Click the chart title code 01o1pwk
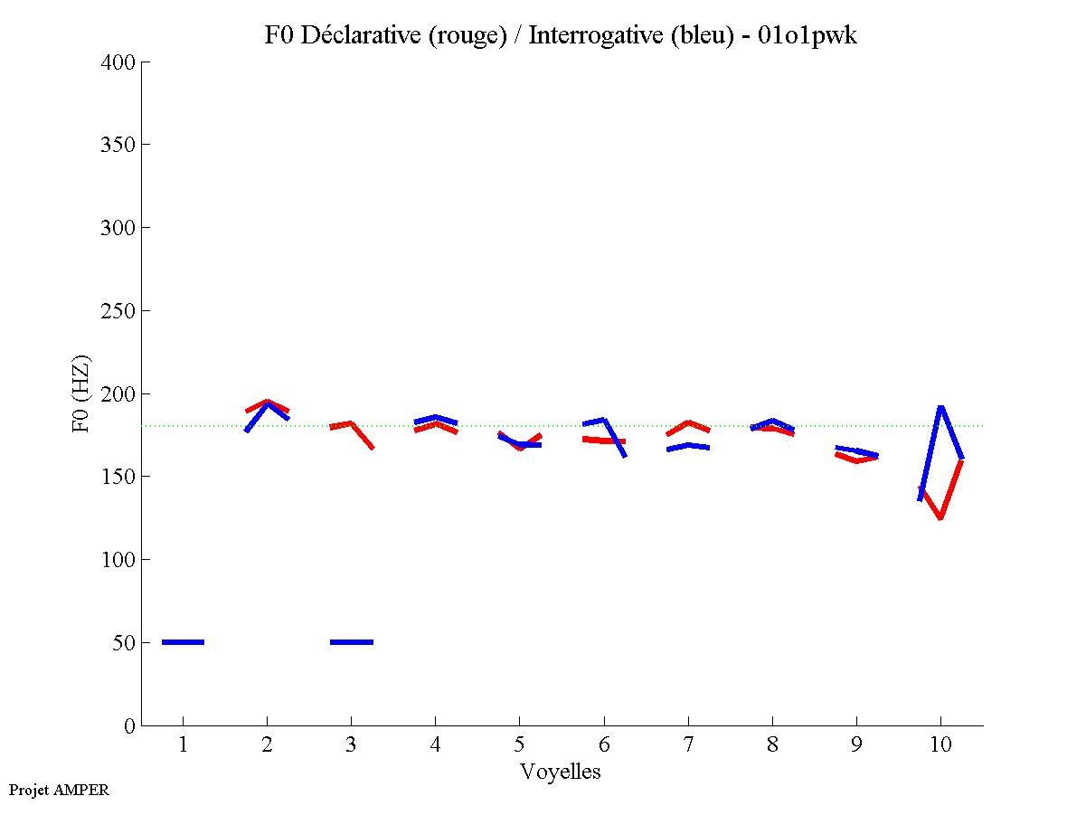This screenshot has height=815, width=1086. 808,35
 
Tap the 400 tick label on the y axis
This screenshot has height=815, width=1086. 118,62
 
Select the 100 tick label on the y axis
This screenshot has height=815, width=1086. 118,560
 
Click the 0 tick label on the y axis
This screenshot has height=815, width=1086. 130,725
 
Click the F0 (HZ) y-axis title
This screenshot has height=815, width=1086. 80,393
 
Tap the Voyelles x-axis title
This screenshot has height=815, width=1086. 561,772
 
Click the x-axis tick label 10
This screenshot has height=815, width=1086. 940,745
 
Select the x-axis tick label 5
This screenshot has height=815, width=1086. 519,745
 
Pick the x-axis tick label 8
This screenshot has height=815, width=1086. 772,745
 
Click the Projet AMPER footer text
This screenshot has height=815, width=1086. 59,790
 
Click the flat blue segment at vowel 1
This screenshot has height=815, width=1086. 184,642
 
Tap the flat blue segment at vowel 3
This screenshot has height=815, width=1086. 352,642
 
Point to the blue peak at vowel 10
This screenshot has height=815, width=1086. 940,407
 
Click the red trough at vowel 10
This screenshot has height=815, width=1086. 940,517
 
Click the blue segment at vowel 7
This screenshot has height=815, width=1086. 688,446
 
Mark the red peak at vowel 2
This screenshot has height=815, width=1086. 267,402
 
